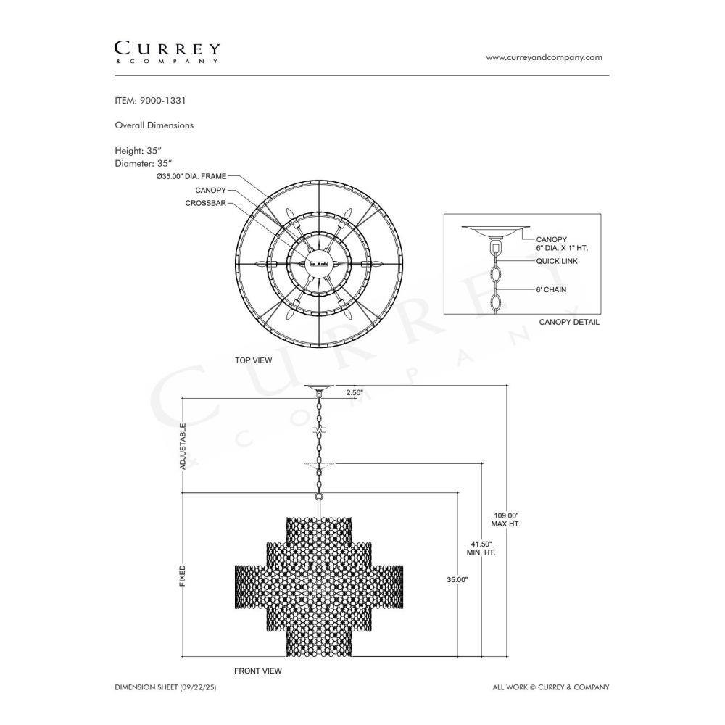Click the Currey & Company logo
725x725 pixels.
coord(167,52)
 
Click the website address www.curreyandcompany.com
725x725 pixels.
coord(544,57)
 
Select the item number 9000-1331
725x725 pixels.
coord(162,100)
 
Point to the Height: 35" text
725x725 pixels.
coord(138,151)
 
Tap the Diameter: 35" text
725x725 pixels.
coord(144,163)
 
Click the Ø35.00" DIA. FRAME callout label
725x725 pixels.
coord(191,176)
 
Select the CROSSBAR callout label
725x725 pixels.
coord(205,203)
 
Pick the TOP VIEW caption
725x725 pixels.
coord(253,360)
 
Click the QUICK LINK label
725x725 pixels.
coord(557,261)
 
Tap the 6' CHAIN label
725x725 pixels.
coord(551,290)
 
